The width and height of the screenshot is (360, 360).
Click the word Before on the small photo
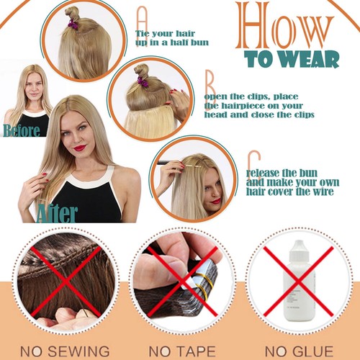22,130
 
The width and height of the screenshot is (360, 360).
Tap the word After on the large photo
57,213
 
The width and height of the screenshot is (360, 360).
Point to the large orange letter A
142,25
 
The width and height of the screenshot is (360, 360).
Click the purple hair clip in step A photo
72,24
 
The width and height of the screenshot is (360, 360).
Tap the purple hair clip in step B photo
142,81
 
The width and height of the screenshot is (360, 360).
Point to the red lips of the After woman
80,148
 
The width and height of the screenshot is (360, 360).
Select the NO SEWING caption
65,351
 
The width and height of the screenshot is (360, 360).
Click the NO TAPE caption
182,351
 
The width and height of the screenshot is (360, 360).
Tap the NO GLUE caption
300,351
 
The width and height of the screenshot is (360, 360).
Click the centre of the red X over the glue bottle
298,282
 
